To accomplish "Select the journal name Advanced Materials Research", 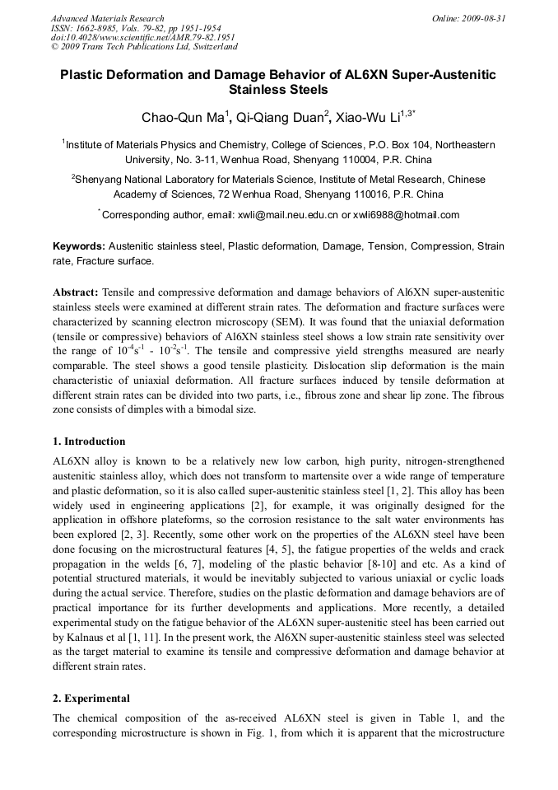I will click(x=108, y=17).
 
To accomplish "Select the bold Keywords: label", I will click(x=79, y=246).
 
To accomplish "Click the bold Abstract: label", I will click(x=76, y=292).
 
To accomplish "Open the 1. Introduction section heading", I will click(x=89, y=442).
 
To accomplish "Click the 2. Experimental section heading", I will click(x=91, y=699).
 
